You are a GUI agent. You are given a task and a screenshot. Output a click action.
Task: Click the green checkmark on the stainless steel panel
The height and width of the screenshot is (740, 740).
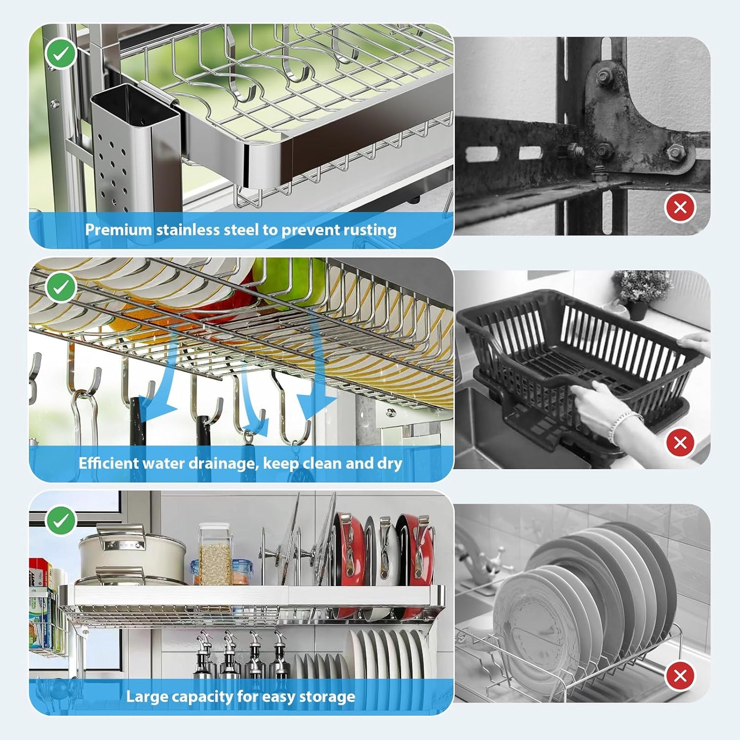point(61,53)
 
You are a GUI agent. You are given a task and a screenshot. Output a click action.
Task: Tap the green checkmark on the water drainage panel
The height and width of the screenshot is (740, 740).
point(61,287)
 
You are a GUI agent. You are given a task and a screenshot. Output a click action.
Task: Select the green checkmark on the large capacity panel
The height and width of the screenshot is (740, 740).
point(61,521)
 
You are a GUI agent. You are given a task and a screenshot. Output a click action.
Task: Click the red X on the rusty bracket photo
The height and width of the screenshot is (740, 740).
point(680,207)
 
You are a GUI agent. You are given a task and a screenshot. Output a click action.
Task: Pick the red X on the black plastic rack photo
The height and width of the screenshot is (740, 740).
point(680,442)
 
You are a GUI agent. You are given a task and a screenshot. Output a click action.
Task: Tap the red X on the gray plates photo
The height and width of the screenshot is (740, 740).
point(680,676)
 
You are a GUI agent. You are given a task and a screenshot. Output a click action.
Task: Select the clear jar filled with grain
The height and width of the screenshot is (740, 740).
point(215,556)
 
